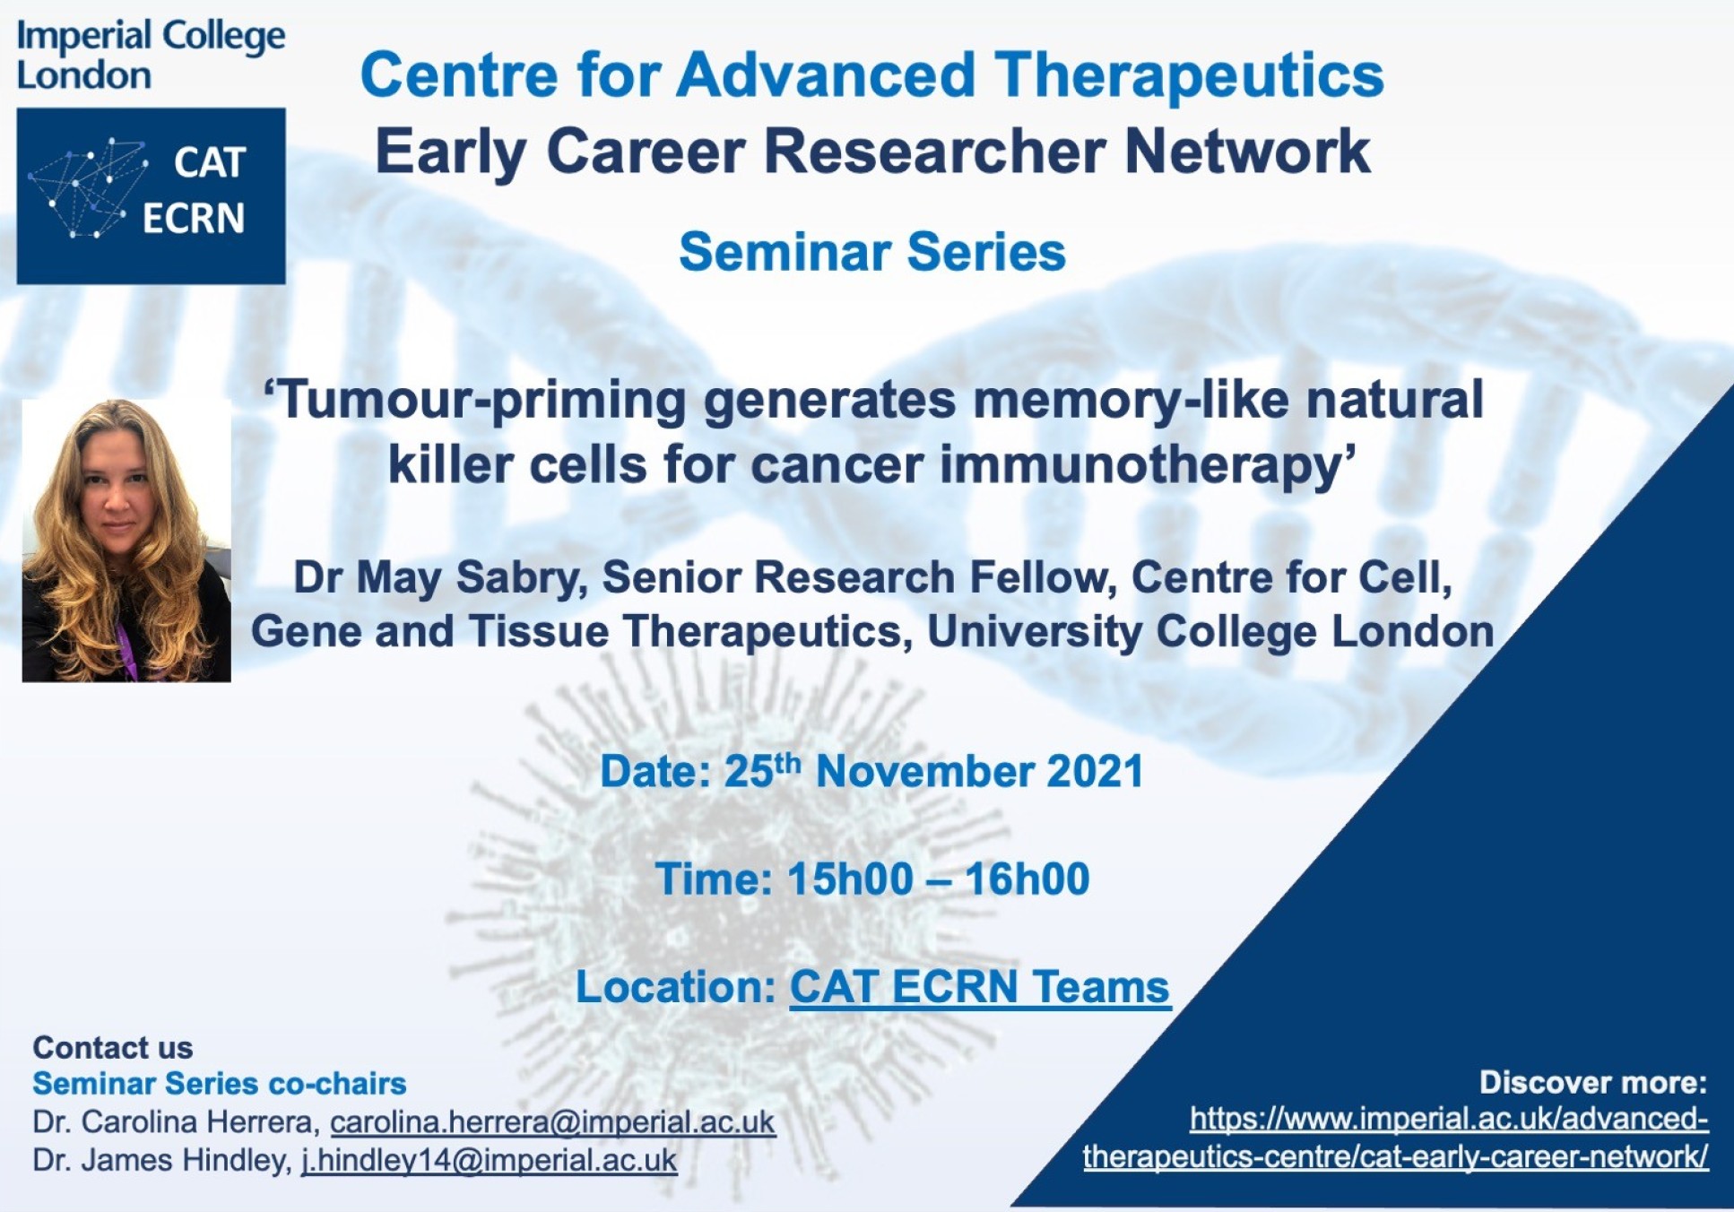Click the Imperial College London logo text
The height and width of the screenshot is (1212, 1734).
(x=151, y=56)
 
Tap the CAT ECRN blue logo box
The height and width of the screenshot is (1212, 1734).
(x=151, y=196)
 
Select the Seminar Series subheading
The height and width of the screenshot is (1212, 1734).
(x=872, y=252)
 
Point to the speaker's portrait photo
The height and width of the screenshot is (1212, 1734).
(x=126, y=541)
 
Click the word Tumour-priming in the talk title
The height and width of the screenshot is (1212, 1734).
(x=474, y=401)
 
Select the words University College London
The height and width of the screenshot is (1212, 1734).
(x=1210, y=632)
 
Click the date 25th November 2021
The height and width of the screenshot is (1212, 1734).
(x=933, y=771)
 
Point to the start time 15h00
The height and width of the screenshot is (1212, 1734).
(x=837, y=879)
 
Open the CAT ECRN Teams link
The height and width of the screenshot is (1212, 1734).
(x=980, y=988)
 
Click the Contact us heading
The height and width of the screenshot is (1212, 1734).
(x=113, y=1047)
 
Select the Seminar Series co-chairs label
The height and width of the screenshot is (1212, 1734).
(x=220, y=1084)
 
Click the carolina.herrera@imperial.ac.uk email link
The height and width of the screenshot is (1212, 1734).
(x=552, y=1122)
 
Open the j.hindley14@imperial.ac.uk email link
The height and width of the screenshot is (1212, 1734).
(x=489, y=1160)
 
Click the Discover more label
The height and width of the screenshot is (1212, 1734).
(x=1593, y=1083)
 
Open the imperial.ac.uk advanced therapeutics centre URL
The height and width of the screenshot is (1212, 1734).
(x=1396, y=1138)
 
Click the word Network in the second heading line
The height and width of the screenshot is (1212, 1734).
(x=1247, y=151)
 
